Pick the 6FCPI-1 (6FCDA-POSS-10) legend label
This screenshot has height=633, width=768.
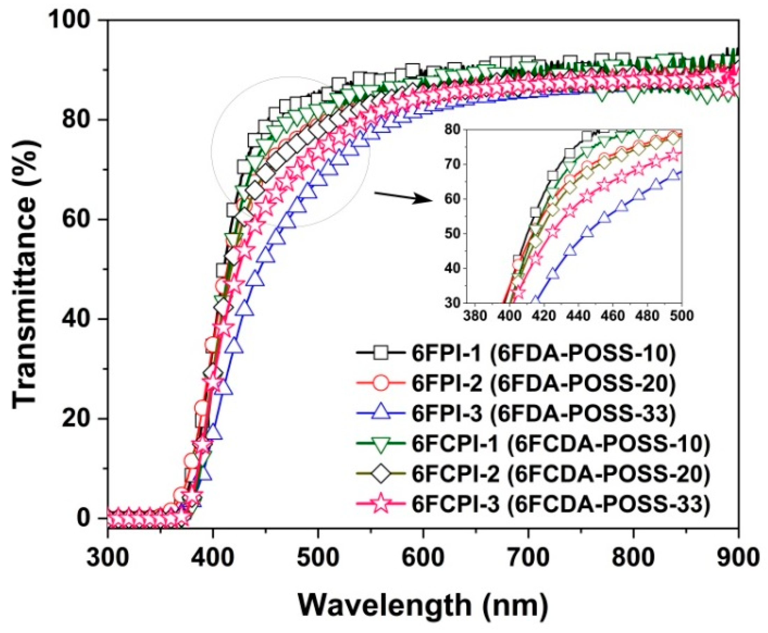561,443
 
